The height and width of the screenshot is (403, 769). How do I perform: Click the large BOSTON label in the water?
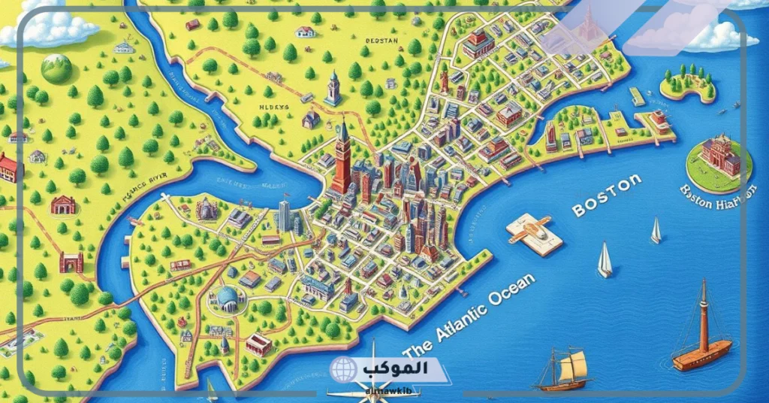607,195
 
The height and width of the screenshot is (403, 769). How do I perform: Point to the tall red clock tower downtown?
342,157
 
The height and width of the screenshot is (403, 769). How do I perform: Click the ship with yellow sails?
565,369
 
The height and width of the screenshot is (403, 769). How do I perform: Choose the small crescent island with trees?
688,85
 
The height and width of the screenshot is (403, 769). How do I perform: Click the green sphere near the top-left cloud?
56,68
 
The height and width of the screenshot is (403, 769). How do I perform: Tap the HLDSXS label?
274,108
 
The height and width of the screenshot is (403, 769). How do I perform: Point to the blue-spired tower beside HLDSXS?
333,89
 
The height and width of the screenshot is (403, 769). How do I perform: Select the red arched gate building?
71,262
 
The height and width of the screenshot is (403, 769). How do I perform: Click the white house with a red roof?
305,32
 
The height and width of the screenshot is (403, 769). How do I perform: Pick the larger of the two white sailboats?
605,260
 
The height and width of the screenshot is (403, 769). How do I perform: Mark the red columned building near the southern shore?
258,344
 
